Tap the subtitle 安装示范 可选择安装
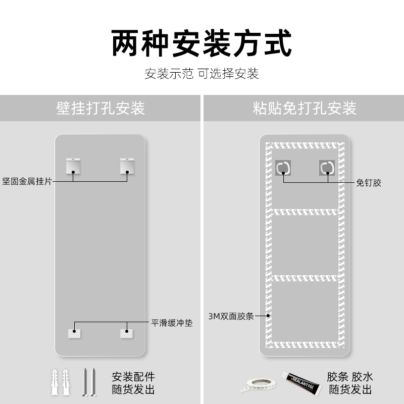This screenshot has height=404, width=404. pyautogui.click(x=202, y=74)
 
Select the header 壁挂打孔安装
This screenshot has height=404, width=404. pyautogui.click(x=100, y=108)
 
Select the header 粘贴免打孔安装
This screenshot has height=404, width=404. pyautogui.click(x=305, y=108)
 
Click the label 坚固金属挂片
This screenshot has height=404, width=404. pyautogui.click(x=27, y=181)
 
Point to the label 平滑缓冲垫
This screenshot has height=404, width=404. pyautogui.click(x=172, y=322)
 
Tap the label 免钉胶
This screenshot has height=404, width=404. pyautogui.click(x=369, y=183)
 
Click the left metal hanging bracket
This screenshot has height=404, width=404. pyautogui.click(x=74, y=166)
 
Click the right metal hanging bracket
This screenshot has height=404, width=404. pyautogui.click(x=127, y=166)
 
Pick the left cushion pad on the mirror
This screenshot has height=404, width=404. pyautogui.click(x=74, y=333)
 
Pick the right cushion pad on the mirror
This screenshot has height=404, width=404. pyautogui.click(x=127, y=333)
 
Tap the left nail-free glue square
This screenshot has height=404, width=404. pyautogui.click(x=283, y=168)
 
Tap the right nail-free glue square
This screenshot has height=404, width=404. pyautogui.click(x=327, y=168)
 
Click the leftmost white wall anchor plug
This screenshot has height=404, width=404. pyautogui.click(x=55, y=382)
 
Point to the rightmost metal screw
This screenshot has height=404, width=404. pyautogui.click(x=94, y=382)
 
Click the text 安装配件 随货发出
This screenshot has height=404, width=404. pyautogui.click(x=133, y=383)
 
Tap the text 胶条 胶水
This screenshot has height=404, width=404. pyautogui.click(x=350, y=377)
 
